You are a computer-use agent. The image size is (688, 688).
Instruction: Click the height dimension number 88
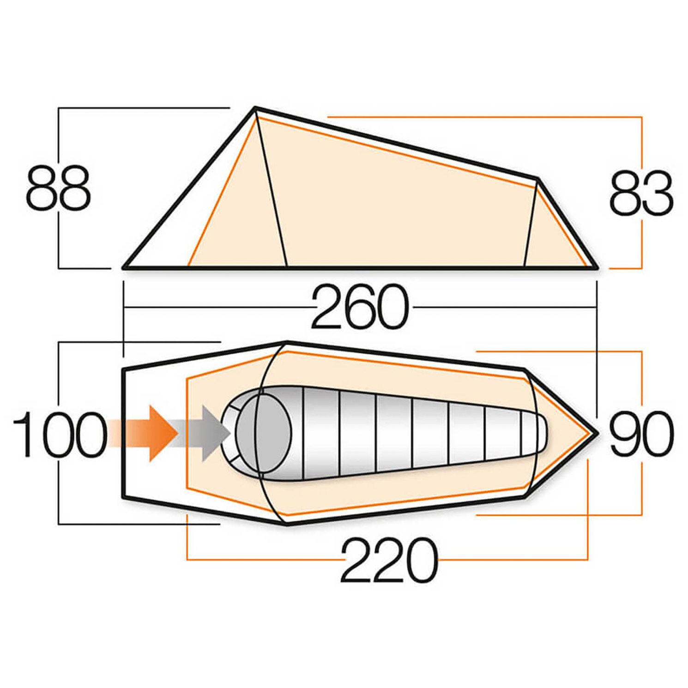[x=58, y=188]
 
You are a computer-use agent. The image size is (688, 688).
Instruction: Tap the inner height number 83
[x=641, y=193]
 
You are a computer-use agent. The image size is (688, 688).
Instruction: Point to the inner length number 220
[x=389, y=560]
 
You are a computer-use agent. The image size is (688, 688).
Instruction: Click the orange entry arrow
[x=157, y=433]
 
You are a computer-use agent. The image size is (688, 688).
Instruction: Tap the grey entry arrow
[x=210, y=433]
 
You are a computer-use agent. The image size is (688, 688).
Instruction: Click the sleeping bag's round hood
[x=262, y=433]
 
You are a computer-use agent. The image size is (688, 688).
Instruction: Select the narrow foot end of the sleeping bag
[x=536, y=433]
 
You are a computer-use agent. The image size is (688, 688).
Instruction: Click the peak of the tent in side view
[x=255, y=109]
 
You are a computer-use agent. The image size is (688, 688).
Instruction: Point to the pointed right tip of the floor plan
[x=597, y=433]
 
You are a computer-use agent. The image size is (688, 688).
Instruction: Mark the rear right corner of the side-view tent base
[x=597, y=267]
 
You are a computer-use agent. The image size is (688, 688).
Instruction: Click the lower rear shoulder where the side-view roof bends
[x=538, y=179]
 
